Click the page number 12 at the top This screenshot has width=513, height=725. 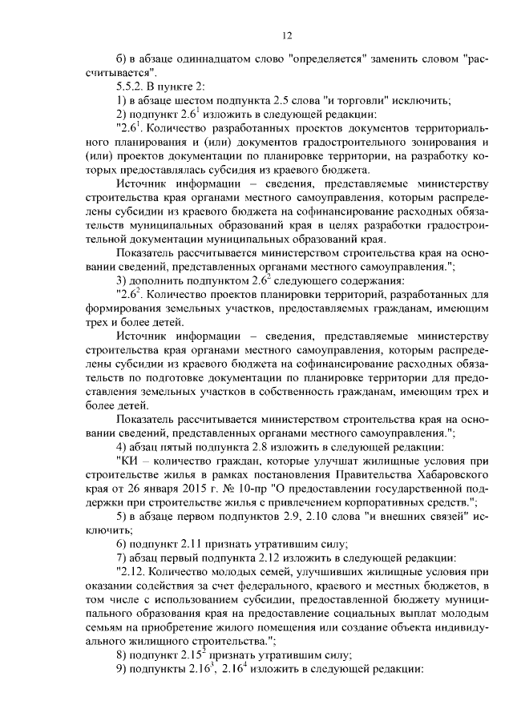coord(287,35)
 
